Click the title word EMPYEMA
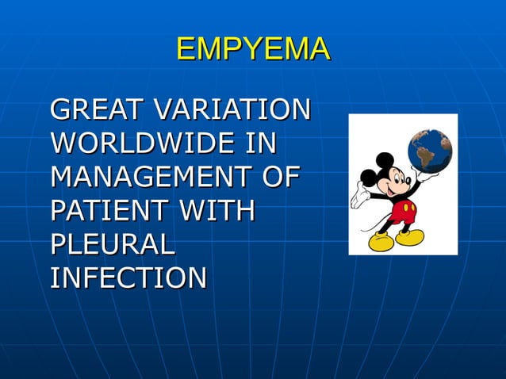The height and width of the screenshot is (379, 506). tap(253, 49)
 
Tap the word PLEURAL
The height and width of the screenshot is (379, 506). tap(112, 244)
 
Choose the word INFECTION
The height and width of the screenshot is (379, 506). tap(128, 278)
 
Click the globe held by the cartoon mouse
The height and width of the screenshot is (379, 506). tap(429, 151)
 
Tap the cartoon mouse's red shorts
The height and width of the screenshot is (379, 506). tap(403, 212)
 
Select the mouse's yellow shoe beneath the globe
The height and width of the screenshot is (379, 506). tap(411, 237)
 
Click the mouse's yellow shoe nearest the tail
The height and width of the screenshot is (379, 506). tap(382, 241)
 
